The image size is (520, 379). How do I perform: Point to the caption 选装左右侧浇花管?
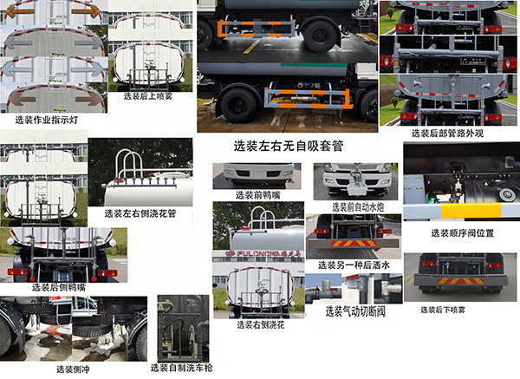pos(140,212)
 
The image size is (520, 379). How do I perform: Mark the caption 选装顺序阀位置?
pos(463,232)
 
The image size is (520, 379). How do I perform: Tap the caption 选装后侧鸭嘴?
pos(58,286)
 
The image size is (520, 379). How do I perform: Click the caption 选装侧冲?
pos(72,369)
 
